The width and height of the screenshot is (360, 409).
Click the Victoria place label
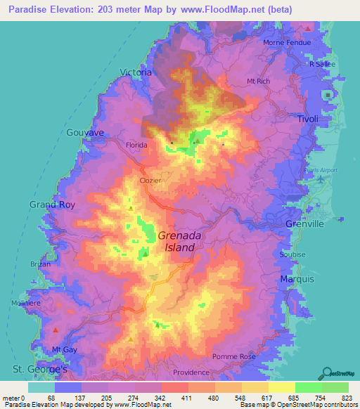[x=136, y=72]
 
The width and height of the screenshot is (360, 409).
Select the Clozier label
[x=150, y=181]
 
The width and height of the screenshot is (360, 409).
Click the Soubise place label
[x=292, y=254]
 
